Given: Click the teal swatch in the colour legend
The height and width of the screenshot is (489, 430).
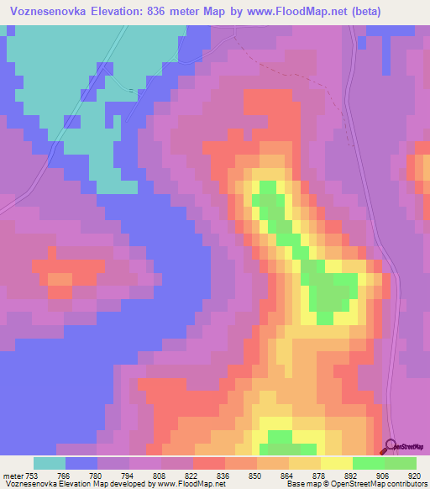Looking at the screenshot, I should tap(50, 463).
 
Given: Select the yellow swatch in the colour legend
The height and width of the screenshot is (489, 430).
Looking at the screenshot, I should tap(336, 463).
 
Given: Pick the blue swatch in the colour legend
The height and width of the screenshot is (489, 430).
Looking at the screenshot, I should tap(81, 463).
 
